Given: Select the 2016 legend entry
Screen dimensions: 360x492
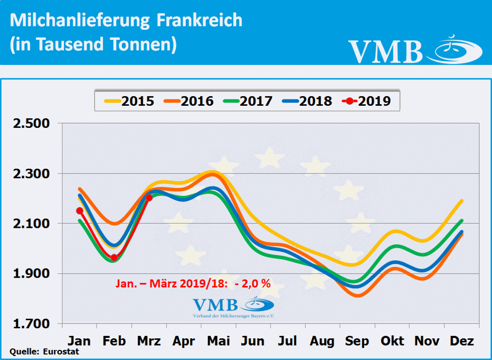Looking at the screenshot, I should (x=189, y=101).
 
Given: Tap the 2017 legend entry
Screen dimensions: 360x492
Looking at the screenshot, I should (x=248, y=101).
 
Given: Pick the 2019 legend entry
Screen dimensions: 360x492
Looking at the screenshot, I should (x=367, y=101).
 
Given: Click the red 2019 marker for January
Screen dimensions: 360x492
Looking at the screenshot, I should (x=80, y=211).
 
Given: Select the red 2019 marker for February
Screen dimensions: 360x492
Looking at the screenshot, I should (x=114, y=258).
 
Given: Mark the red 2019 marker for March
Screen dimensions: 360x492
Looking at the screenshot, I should (x=149, y=198).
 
